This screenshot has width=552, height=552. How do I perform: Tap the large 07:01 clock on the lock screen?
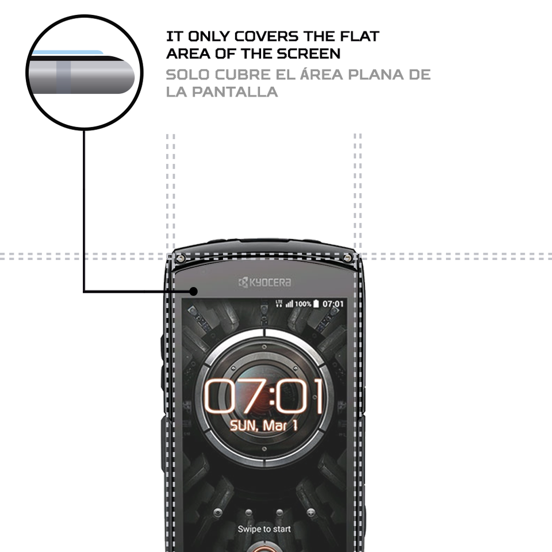tap(264, 397)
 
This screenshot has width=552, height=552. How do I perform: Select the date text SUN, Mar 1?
tap(264, 426)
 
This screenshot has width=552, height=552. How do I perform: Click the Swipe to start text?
tap(264, 529)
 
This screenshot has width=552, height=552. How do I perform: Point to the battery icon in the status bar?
tap(316, 303)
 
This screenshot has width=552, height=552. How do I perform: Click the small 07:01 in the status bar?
tap(333, 303)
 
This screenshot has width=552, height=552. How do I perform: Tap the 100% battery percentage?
tap(303, 303)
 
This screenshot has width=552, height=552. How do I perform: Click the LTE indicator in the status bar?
tap(279, 302)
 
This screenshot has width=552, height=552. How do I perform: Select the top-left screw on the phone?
tap(181, 258)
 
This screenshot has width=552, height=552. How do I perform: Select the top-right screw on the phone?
tap(348, 258)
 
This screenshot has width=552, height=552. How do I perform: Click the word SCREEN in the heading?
tap(311, 53)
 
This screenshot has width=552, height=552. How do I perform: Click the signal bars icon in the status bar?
tap(289, 303)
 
